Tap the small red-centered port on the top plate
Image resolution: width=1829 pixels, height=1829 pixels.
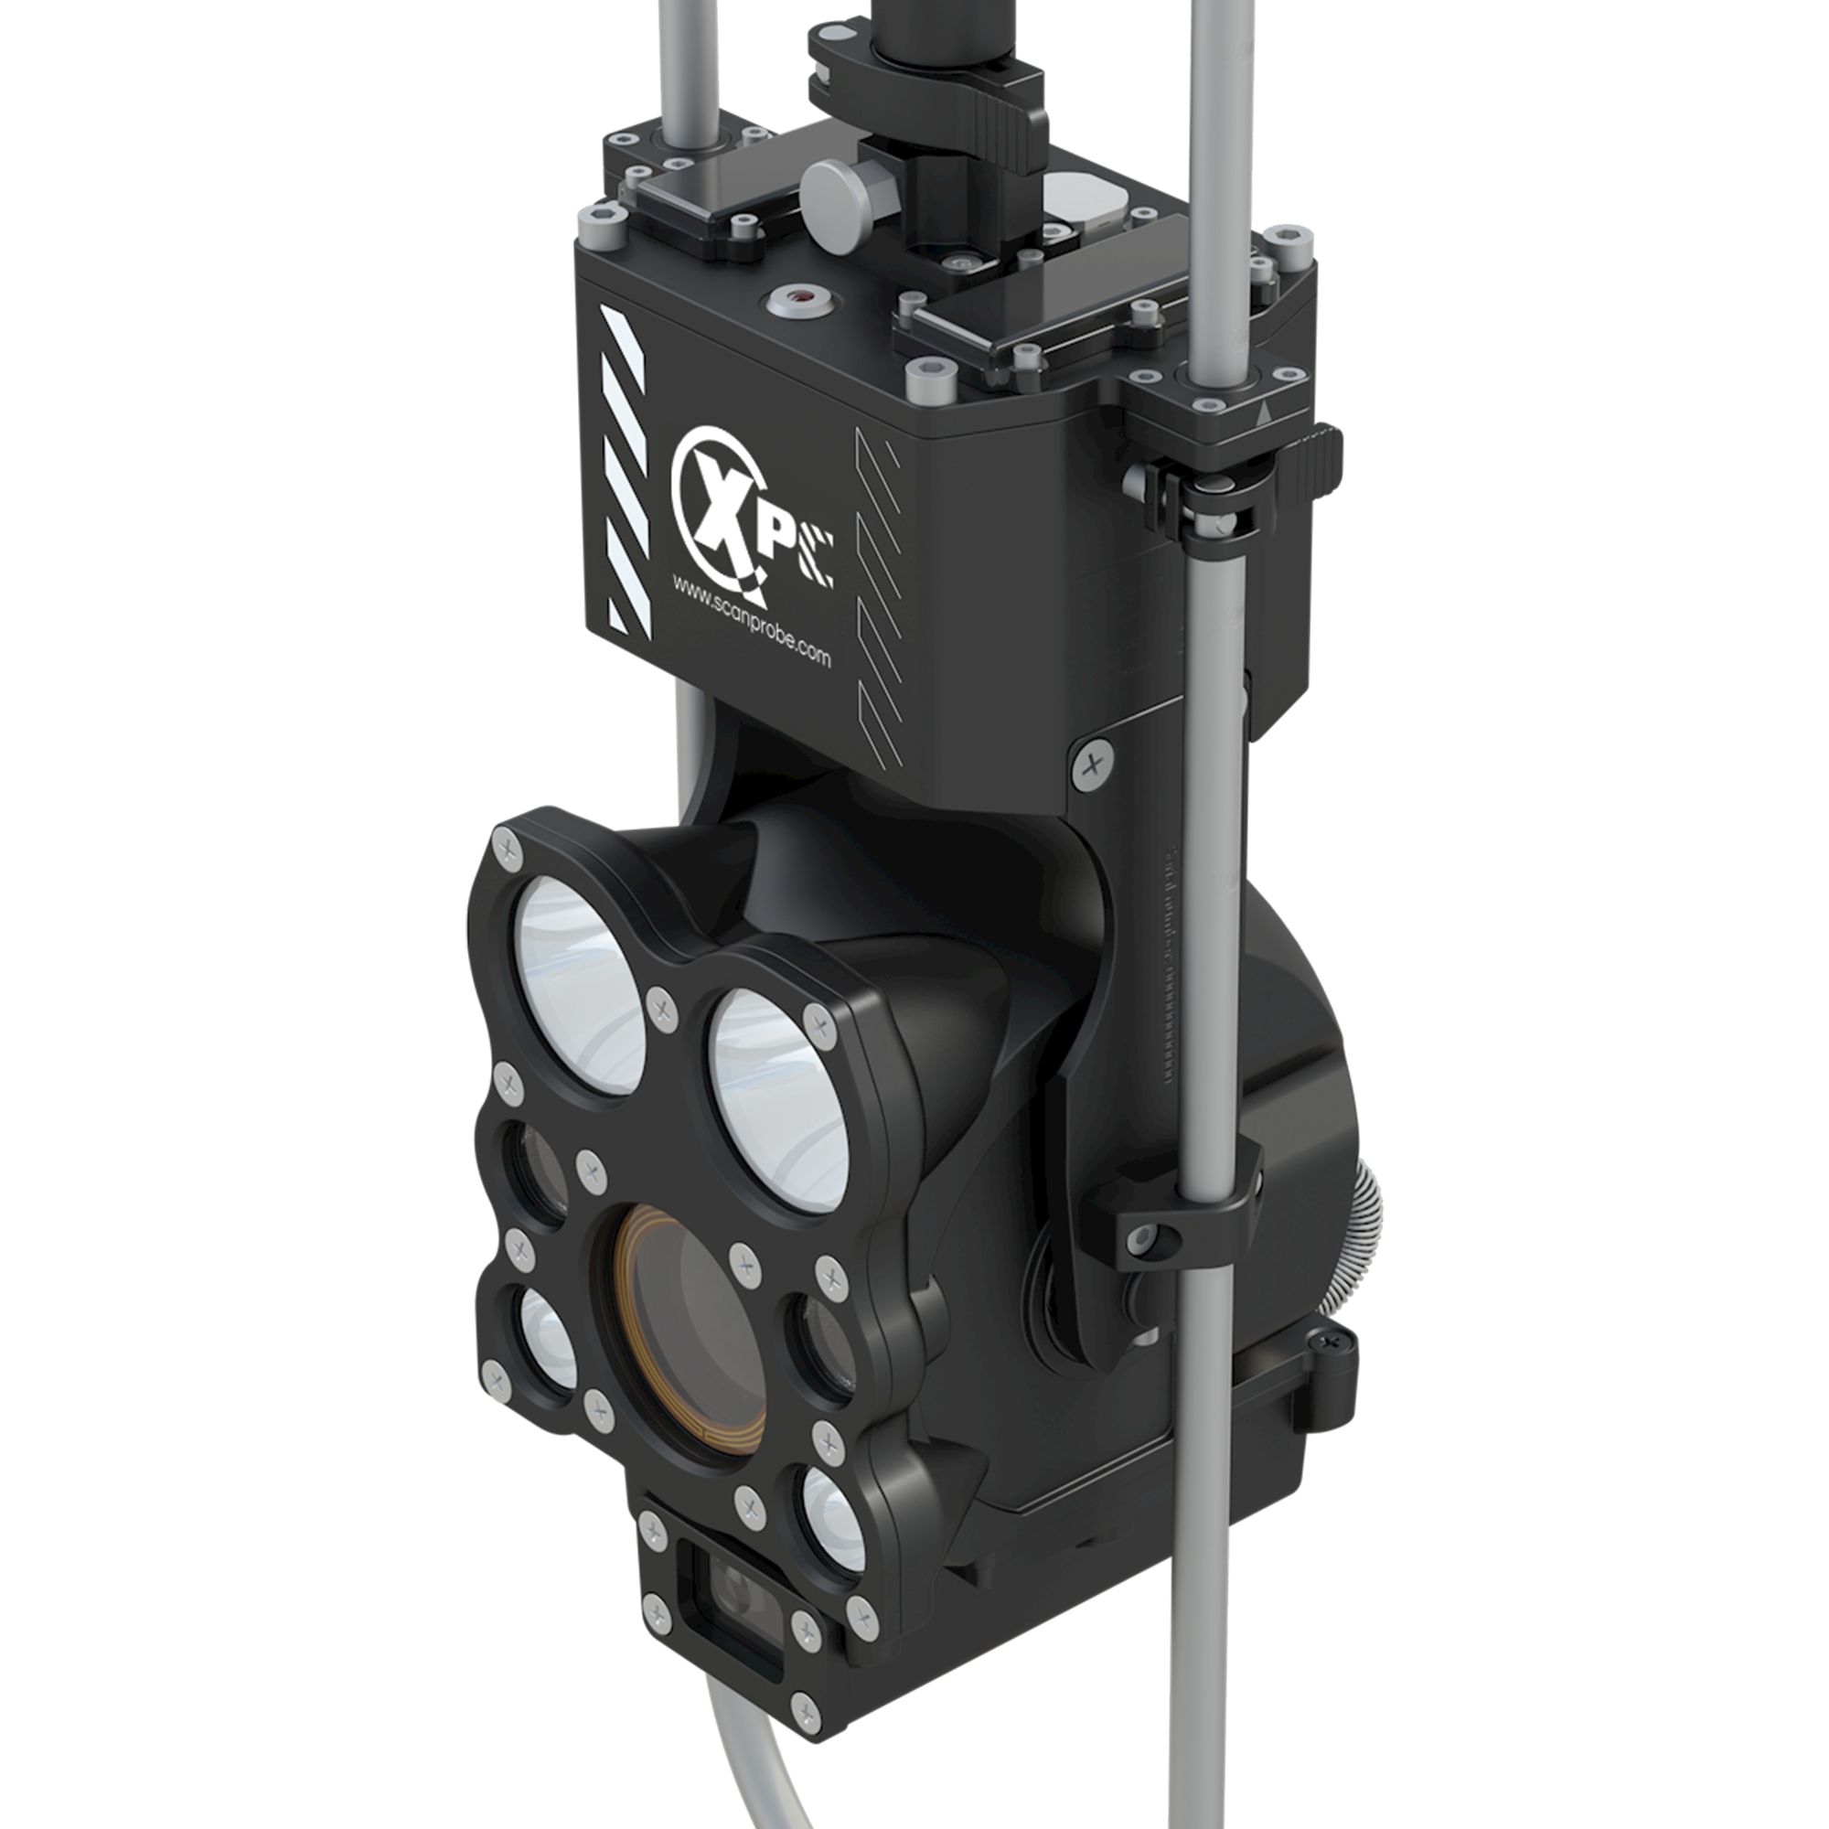click(800, 301)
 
